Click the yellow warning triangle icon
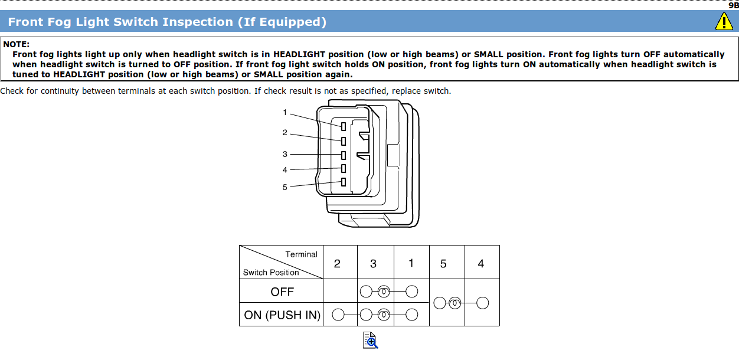click(724, 22)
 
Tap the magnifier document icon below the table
click(370, 340)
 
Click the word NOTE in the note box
click(17, 44)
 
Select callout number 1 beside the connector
click(285, 113)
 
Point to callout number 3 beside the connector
click(285, 155)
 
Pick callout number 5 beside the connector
click(285, 187)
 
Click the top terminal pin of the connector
click(343, 126)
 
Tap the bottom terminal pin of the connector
click(343, 182)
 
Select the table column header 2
click(337, 264)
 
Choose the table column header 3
click(373, 264)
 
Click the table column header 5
click(443, 264)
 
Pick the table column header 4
click(480, 264)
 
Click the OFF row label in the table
click(282, 292)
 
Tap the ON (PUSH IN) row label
click(282, 315)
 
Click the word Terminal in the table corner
click(301, 254)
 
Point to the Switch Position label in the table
click(271, 273)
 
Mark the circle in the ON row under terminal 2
click(338, 315)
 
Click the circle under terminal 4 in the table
click(482, 303)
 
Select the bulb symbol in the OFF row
click(384, 292)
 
